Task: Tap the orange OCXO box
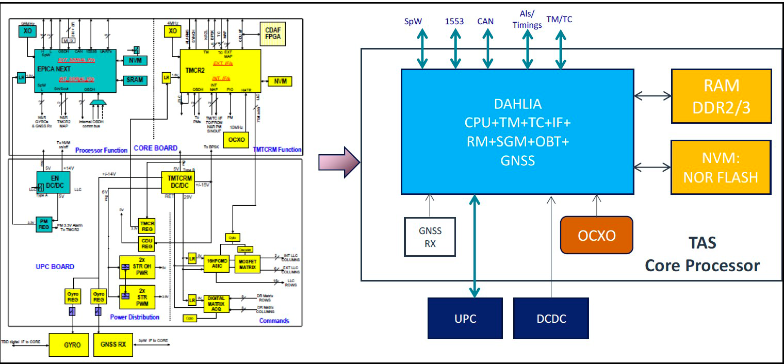(596, 235)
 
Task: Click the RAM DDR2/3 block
(721, 96)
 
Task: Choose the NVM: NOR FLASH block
(721, 167)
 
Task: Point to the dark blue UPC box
(465, 318)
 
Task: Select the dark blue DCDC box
(551, 318)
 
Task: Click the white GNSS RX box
(430, 237)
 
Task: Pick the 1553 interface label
(454, 21)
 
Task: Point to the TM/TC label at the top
(559, 20)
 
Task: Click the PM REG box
(43, 224)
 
